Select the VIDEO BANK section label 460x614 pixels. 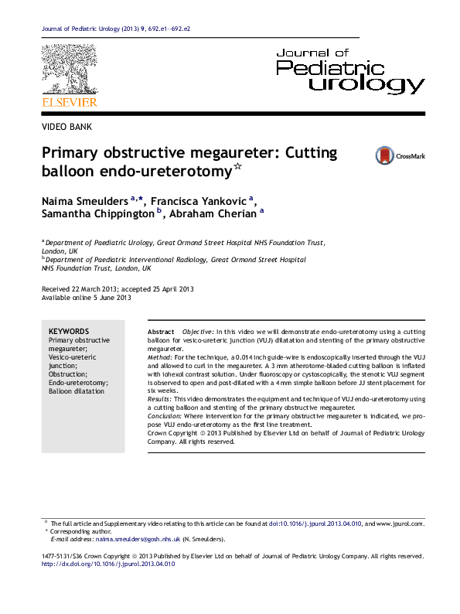65,126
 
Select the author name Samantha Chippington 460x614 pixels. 96,214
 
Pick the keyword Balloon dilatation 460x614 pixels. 75,392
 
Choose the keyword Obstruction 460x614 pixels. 69,374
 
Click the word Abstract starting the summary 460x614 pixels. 160,330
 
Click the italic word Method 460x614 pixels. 159,358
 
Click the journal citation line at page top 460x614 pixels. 116,29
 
